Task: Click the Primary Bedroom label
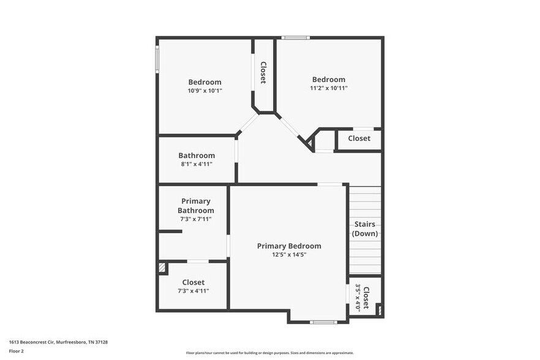288,246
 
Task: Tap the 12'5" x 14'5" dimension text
288,255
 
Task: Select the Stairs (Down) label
366,229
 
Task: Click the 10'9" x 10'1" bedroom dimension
204,91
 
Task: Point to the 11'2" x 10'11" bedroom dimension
329,88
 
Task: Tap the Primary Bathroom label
196,206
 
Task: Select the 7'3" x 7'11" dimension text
196,219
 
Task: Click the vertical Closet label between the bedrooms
263,72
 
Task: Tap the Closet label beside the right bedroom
359,138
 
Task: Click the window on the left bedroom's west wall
157,61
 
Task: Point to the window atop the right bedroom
295,38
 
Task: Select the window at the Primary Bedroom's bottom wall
323,322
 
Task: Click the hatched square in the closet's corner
162,268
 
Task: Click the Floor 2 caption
16,351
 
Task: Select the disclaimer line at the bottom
269,353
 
